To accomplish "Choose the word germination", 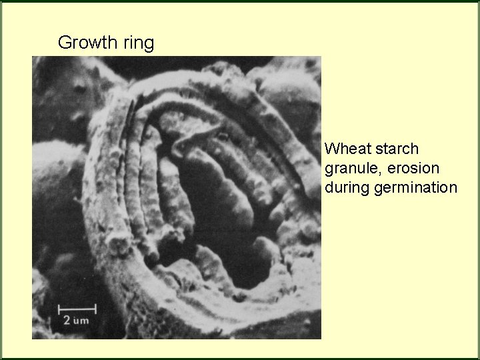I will click(416, 189).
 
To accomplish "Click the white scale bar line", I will click(77, 309).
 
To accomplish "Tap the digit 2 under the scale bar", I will click(67, 321).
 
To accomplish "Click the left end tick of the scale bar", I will click(59, 309).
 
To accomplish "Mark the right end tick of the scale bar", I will click(95, 309).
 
